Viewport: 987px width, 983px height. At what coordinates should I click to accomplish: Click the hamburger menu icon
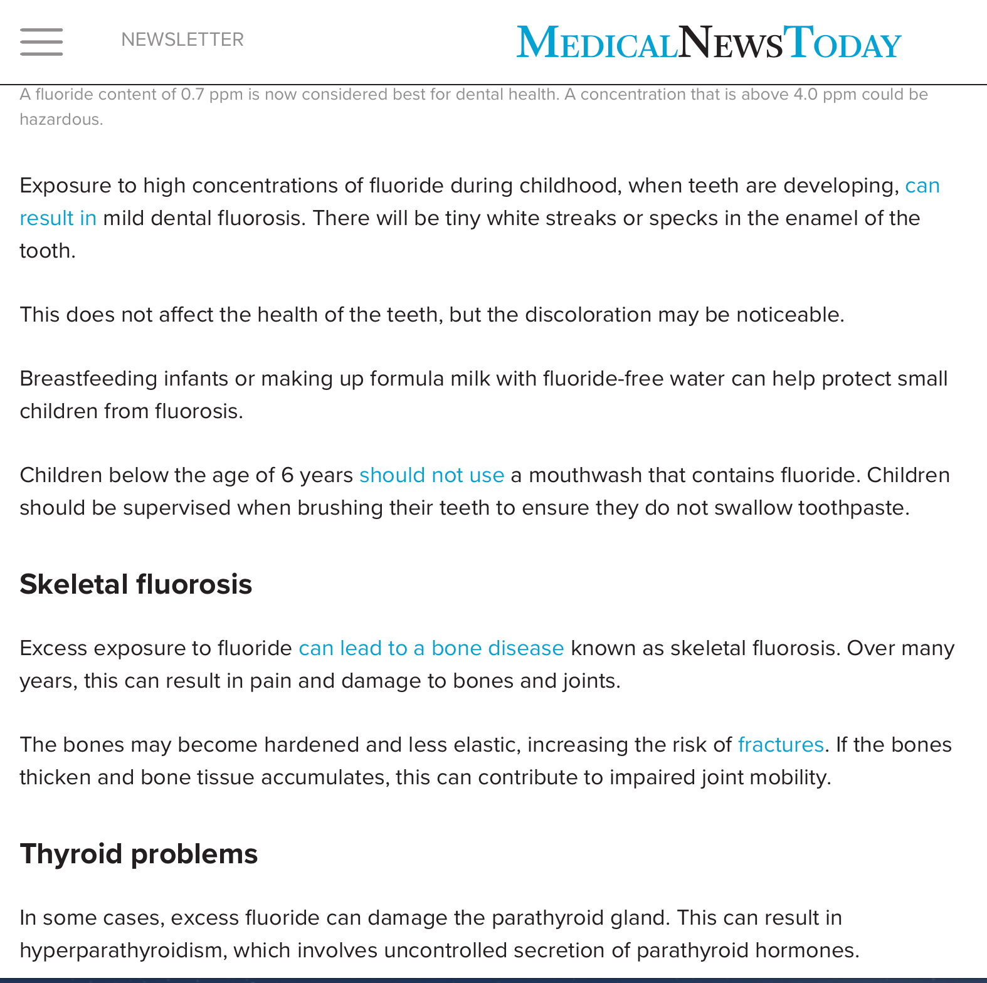(41, 41)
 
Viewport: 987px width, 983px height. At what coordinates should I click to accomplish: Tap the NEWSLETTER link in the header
(182, 39)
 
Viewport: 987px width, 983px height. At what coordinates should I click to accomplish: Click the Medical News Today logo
(709, 43)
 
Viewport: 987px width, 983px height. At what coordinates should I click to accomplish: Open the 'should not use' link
(431, 475)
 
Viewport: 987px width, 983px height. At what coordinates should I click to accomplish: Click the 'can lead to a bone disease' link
(431, 648)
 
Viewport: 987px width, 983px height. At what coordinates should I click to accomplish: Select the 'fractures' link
(781, 745)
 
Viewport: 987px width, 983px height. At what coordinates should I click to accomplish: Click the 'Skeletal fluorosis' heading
(135, 584)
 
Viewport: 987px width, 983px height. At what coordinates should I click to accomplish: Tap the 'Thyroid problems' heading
(139, 854)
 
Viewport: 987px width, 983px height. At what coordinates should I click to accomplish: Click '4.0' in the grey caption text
(805, 95)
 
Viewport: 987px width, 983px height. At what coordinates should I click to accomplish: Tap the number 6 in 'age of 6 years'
(287, 475)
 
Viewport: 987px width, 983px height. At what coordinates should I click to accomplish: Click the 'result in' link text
(58, 218)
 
